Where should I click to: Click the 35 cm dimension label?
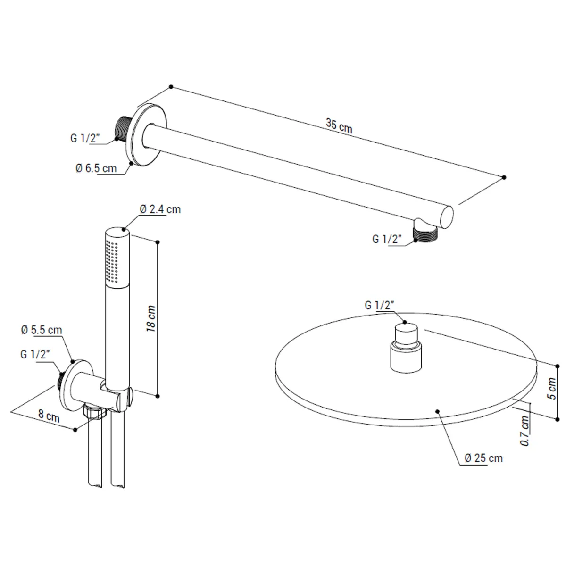pyautogui.click(x=339, y=126)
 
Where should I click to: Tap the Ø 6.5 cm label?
pyautogui.click(x=96, y=168)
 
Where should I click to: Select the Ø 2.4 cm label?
pyautogui.click(x=160, y=209)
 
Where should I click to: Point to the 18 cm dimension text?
pyautogui.click(x=151, y=319)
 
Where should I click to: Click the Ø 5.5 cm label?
pyautogui.click(x=42, y=330)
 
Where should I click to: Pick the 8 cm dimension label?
pyautogui.click(x=49, y=416)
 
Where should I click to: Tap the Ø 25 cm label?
pyautogui.click(x=483, y=458)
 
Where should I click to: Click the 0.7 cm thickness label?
pyautogui.click(x=524, y=431)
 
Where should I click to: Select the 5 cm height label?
pyautogui.click(x=551, y=388)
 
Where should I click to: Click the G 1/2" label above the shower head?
pyautogui.click(x=379, y=306)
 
